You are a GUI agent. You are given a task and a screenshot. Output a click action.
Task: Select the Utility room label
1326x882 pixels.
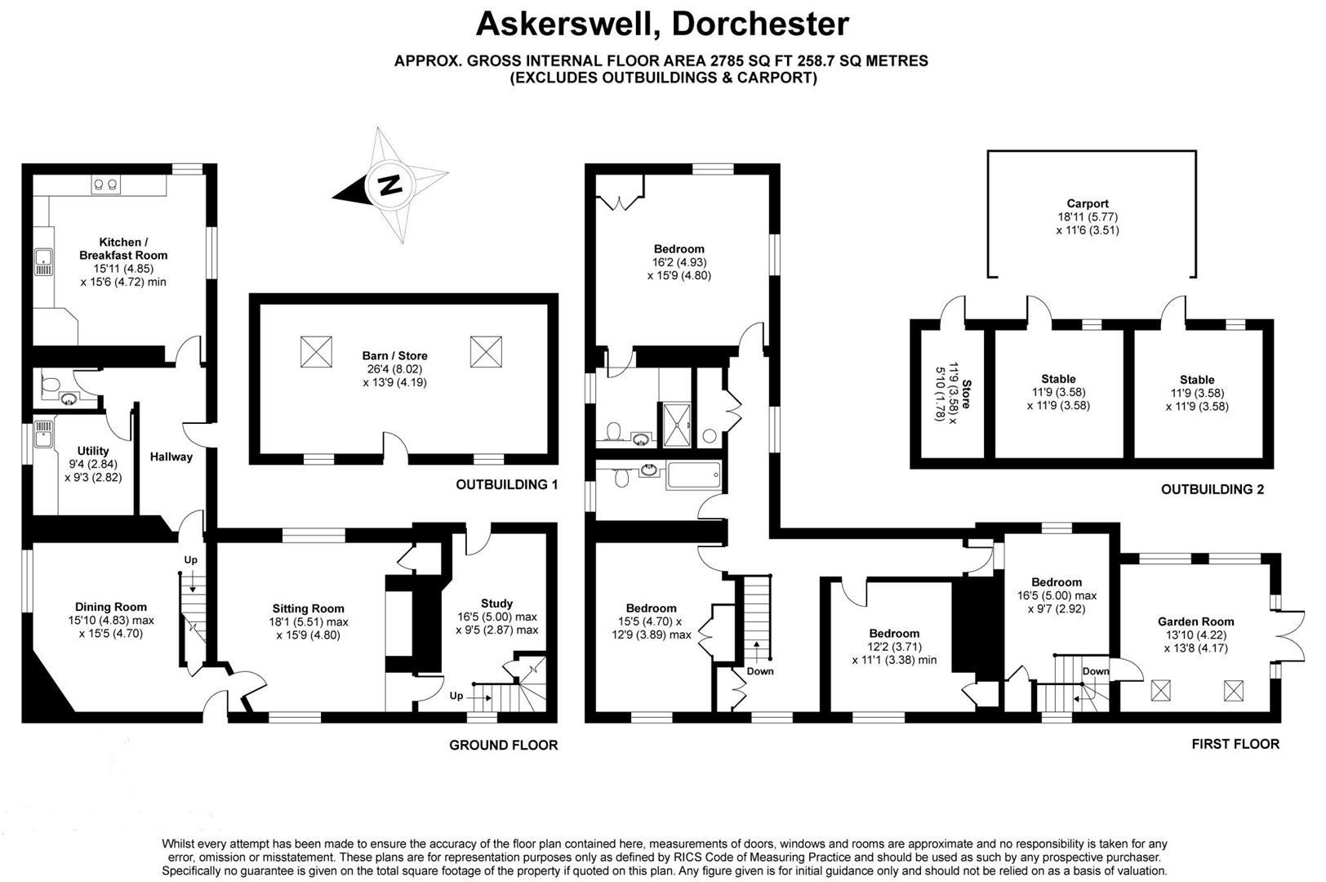pos(93,451)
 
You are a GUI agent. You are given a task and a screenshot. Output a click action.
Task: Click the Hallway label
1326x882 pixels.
pos(171,457)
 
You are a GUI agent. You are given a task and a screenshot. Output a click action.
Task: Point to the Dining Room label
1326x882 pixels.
pos(111,607)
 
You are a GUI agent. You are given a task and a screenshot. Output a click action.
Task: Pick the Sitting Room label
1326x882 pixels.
pos(308,608)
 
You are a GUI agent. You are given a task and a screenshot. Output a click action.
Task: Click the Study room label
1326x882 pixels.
pos(496,604)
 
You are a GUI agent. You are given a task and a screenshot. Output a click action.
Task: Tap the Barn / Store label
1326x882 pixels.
pos(394,356)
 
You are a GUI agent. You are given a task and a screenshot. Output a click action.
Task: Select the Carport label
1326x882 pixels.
pos(1088,204)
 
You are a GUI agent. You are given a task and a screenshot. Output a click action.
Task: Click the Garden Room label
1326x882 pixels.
pos(1195,621)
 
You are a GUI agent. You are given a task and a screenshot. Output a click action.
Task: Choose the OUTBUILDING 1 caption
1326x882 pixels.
pos(506,485)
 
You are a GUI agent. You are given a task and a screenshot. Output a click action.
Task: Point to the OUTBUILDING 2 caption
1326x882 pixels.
pos(1212,490)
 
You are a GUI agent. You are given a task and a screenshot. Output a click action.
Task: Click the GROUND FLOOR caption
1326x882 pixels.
pos(504,745)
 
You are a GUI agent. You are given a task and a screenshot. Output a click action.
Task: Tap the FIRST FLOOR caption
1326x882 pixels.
pos(1235,744)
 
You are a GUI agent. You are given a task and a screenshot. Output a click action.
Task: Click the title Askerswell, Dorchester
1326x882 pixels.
pos(662,24)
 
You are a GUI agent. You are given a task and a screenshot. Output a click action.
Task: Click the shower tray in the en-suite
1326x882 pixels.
pos(676,425)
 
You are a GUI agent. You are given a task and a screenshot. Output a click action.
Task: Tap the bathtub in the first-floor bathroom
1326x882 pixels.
pos(693,475)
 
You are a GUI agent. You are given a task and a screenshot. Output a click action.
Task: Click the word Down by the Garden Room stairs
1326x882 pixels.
pos(1096,671)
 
